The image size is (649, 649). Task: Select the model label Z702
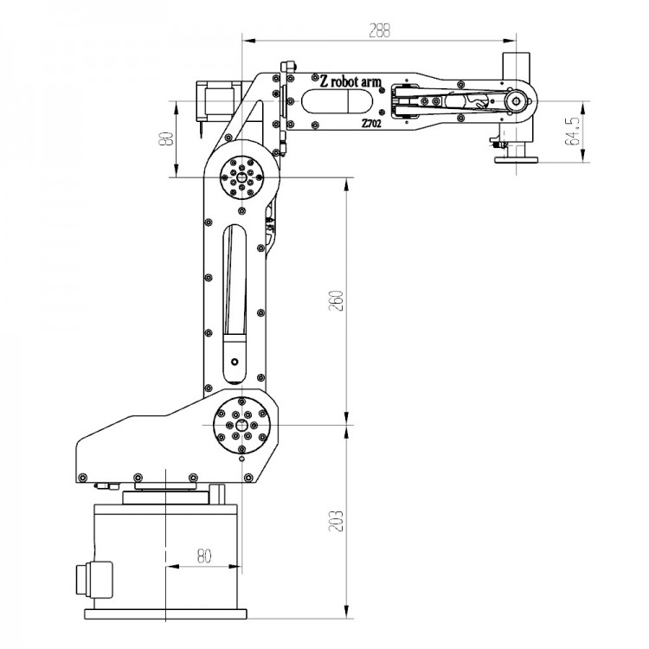pyautogui.click(x=372, y=124)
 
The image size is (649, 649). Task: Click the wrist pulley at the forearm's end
pyautogui.click(x=517, y=102)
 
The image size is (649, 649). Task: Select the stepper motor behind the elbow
pyautogui.click(x=214, y=102)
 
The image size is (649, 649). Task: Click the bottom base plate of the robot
pyautogui.click(x=164, y=615)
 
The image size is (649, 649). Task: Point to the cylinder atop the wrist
pyautogui.click(x=516, y=67)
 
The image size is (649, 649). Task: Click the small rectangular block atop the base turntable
pyautogui.click(x=217, y=494)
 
